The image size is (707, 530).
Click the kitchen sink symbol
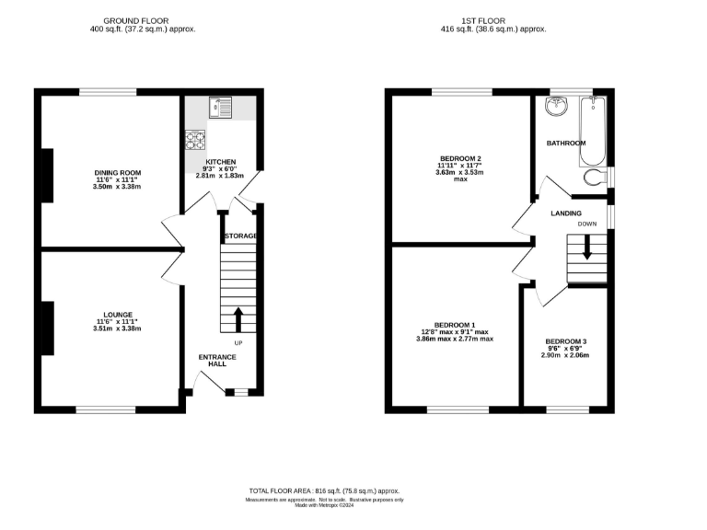(x=221, y=109)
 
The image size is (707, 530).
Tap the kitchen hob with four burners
(x=196, y=141)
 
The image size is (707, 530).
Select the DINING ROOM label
(x=117, y=172)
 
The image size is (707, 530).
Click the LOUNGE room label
(x=119, y=314)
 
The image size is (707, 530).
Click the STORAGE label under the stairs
(x=241, y=236)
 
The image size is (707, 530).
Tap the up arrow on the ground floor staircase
(x=238, y=319)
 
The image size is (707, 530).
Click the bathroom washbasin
(x=556, y=108)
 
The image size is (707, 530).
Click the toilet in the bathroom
(x=597, y=177)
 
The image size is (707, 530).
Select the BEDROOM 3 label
(x=565, y=341)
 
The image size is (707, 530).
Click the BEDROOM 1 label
(x=454, y=325)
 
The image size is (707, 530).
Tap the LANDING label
(x=565, y=213)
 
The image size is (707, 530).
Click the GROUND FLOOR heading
(x=135, y=20)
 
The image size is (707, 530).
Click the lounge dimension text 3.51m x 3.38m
(x=119, y=328)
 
